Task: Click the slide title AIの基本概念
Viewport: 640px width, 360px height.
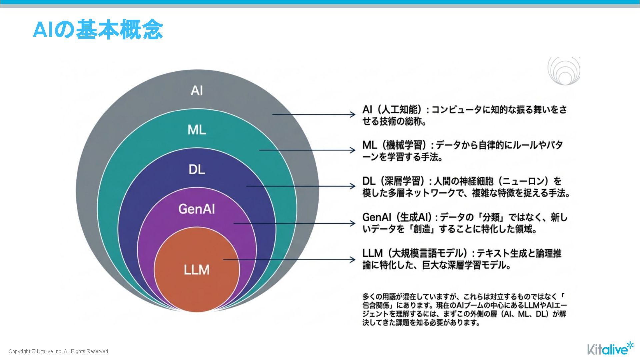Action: pos(98,30)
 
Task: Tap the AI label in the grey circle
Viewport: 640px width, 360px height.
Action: pos(197,91)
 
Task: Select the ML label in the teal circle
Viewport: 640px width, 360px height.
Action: pos(197,130)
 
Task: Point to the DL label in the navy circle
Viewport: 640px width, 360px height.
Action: pos(197,170)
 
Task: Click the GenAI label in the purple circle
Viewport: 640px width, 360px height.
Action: pos(197,209)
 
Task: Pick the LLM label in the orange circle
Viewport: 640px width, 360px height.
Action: pos(197,270)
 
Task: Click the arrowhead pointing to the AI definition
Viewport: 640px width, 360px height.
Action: pos(353,115)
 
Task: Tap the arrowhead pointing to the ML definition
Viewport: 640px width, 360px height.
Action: pos(353,150)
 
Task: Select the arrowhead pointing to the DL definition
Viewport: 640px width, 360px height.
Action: pos(353,186)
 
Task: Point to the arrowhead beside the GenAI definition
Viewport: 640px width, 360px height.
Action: pos(353,223)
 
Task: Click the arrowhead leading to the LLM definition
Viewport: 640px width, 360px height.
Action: pos(353,259)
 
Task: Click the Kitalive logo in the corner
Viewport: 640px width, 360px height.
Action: pos(610,349)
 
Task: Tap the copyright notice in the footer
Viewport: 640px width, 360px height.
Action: pos(59,351)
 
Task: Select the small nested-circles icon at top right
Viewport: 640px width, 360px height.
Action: pos(564,71)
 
